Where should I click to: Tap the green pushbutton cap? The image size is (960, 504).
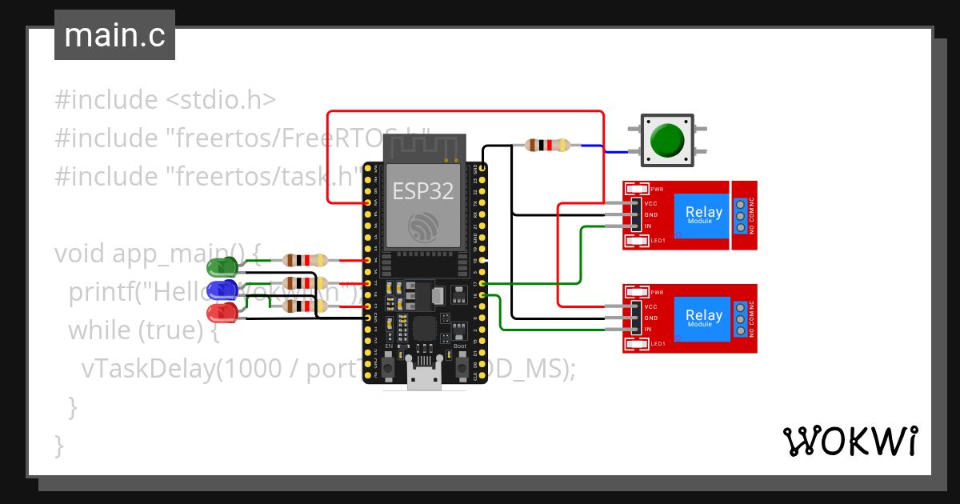coord(666,139)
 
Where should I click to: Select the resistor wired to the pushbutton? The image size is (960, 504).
coord(547,146)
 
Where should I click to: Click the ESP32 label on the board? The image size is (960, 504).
coord(422,191)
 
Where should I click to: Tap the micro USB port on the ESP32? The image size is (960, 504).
coord(423,377)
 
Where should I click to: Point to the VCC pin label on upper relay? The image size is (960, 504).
coord(650,203)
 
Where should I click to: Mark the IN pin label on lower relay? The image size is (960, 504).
coord(648,330)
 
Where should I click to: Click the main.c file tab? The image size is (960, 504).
coord(114,36)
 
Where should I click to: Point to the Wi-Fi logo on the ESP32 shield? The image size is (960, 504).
coord(422,227)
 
